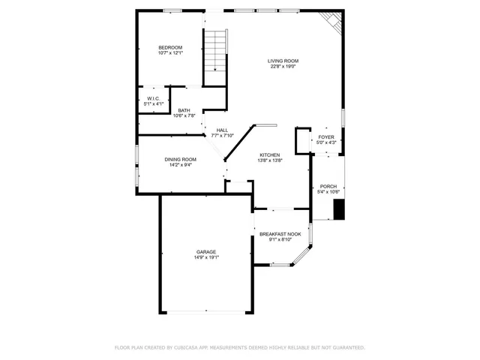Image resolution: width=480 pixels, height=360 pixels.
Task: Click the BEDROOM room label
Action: (x=170, y=47)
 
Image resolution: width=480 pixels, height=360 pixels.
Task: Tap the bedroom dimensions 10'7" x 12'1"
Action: (x=170, y=53)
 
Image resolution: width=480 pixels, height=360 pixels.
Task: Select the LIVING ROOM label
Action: (x=283, y=61)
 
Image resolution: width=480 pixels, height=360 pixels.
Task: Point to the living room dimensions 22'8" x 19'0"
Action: (x=283, y=67)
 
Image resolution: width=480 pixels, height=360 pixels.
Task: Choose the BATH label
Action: (x=184, y=110)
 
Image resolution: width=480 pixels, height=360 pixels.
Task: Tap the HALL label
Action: (x=223, y=130)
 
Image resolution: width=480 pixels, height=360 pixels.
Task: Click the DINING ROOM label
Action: (x=180, y=159)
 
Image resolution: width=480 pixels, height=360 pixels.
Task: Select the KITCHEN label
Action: (x=269, y=154)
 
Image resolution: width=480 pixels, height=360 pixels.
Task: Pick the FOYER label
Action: (x=326, y=136)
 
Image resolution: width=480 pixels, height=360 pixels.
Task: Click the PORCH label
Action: (x=328, y=186)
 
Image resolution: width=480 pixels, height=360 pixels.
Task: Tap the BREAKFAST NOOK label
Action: (x=280, y=234)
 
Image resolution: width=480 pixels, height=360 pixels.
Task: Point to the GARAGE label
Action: (x=206, y=251)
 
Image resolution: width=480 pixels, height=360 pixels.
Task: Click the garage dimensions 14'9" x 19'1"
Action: (x=206, y=257)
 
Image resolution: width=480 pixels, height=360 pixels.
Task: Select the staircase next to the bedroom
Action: (x=216, y=51)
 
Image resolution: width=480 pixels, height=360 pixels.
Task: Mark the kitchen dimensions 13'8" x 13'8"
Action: (x=269, y=160)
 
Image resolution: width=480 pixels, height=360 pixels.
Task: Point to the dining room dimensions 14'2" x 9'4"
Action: (x=180, y=165)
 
